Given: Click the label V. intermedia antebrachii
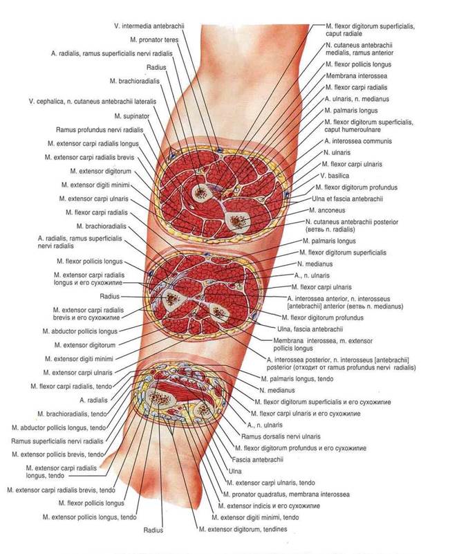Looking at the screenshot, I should click(149, 26).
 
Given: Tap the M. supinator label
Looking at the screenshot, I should click(129, 116).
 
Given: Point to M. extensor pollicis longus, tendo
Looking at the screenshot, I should click(88, 517).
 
